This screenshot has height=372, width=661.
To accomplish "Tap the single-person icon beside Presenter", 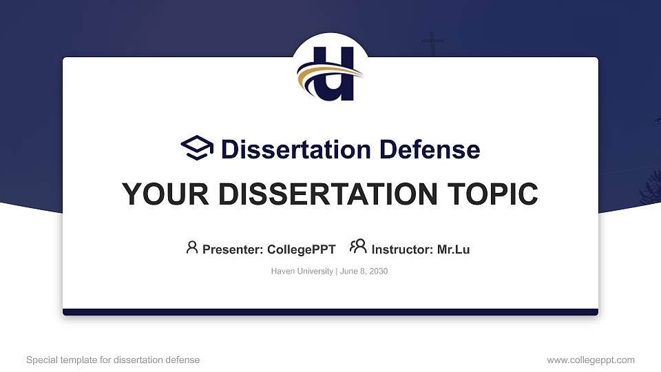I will tap(192, 247).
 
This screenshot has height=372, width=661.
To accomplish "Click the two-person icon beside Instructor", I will tap(358, 247).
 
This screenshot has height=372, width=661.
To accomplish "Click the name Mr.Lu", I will tap(453, 249).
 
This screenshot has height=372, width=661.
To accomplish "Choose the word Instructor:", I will tap(402, 249).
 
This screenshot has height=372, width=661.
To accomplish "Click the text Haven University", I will tap(302, 271).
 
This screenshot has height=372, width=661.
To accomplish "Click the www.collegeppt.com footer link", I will tap(591, 360).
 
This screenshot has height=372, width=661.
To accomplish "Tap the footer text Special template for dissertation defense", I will tap(113, 360).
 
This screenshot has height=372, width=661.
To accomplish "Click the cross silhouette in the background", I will tap(432, 44).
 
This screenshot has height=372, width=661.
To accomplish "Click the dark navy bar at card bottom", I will tap(330, 312).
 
